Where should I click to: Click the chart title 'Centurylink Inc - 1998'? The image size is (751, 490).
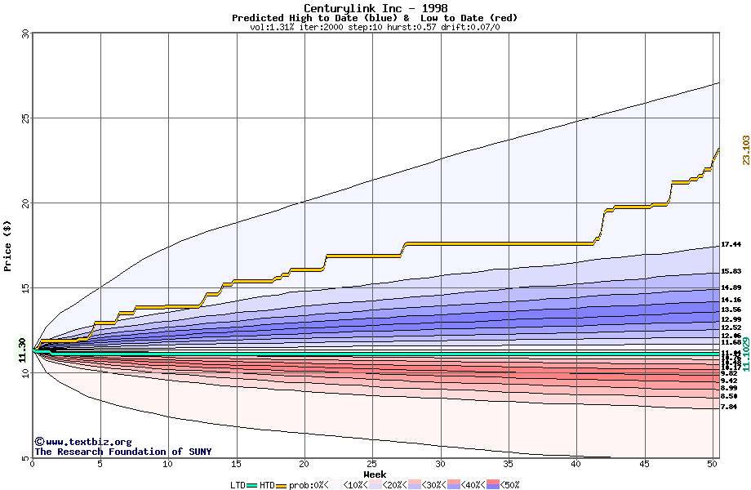(x=375, y=8)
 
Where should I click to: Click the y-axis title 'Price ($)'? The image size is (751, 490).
(x=8, y=246)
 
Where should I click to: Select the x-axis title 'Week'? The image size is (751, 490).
(x=375, y=474)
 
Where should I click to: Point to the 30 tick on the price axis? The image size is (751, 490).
(x=25, y=33)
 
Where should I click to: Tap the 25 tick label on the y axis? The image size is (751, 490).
(x=25, y=118)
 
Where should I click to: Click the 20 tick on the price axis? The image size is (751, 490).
(x=25, y=203)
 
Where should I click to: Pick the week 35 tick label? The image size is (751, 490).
(x=508, y=464)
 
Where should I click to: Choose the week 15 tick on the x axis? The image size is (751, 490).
(x=237, y=464)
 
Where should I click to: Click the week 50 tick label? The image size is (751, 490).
(x=712, y=464)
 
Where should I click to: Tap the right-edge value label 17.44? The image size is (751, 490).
(x=731, y=244)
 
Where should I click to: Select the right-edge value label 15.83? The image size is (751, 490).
(x=731, y=271)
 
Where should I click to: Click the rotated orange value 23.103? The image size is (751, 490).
(x=745, y=150)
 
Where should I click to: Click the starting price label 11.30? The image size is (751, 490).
(x=23, y=349)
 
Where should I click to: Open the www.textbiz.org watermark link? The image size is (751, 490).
(x=82, y=442)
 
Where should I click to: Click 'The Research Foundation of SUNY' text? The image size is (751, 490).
(x=122, y=452)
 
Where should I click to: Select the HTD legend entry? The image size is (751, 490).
(x=267, y=485)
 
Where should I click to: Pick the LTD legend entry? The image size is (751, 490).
(x=238, y=485)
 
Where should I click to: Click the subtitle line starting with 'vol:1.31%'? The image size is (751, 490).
(x=375, y=27)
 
